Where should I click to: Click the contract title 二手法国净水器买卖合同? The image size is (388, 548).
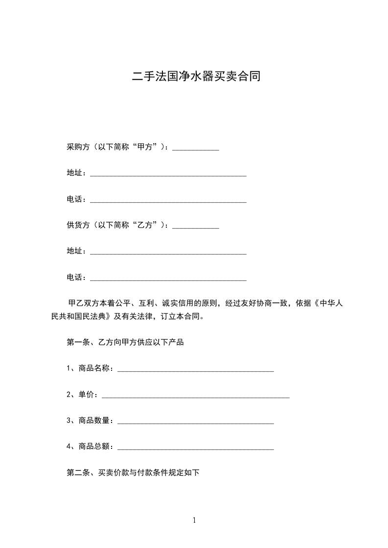194,77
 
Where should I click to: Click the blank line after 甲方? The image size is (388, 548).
196,148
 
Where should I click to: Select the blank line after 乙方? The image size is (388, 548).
196,226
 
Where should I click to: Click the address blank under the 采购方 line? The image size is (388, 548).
168,174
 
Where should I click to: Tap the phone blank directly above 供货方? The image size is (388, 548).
168,200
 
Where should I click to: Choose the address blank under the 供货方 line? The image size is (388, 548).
168,252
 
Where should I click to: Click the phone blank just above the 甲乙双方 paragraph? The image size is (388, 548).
168,278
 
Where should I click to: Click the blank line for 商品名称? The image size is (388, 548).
196,370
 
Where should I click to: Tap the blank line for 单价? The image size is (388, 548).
195,396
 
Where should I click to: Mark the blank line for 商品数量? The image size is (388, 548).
196,422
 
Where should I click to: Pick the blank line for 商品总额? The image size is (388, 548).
196,448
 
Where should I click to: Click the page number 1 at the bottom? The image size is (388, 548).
194,520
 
